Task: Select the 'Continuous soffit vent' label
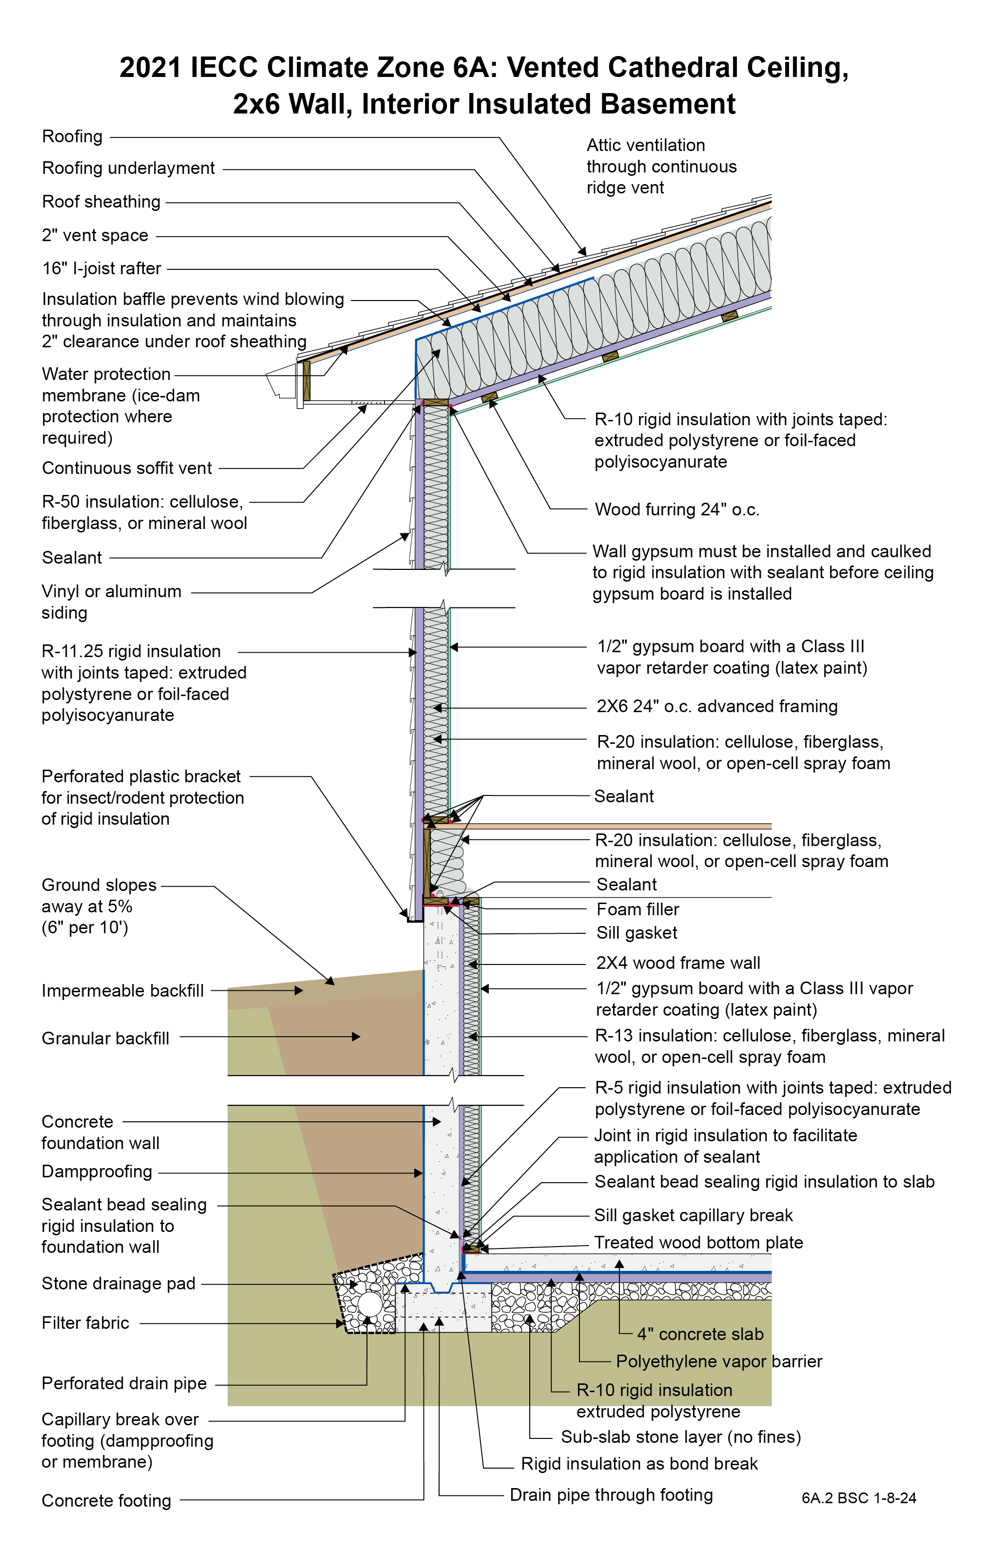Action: pos(127,468)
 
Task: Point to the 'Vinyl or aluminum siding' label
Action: pos(111,602)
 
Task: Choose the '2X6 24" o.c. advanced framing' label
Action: pos(717,707)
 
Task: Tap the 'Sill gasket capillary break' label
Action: pos(693,1215)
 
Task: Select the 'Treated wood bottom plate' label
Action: pos(699,1242)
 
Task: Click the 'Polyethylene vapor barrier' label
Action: pos(719,1361)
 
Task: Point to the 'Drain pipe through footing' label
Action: pos(611,1494)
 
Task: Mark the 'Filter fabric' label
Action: pos(85,1322)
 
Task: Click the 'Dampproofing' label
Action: pos(97,1171)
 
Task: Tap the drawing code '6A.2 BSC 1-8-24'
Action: pos(859,1498)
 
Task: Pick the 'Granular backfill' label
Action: pos(105,1039)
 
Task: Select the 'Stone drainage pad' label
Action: pos(118,1283)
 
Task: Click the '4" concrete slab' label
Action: pos(700,1334)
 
